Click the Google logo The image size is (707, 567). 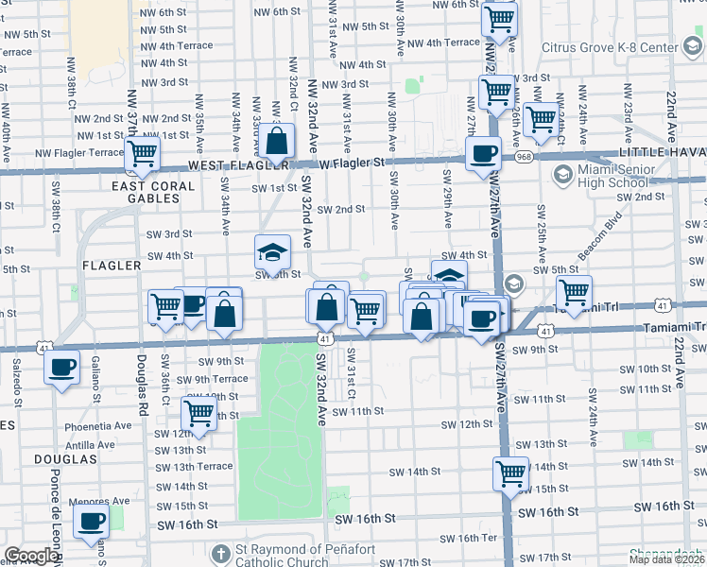tap(31, 556)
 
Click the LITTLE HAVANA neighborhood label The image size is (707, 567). tap(662, 152)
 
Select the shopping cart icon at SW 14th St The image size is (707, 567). tap(510, 472)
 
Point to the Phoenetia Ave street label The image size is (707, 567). tap(98, 426)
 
